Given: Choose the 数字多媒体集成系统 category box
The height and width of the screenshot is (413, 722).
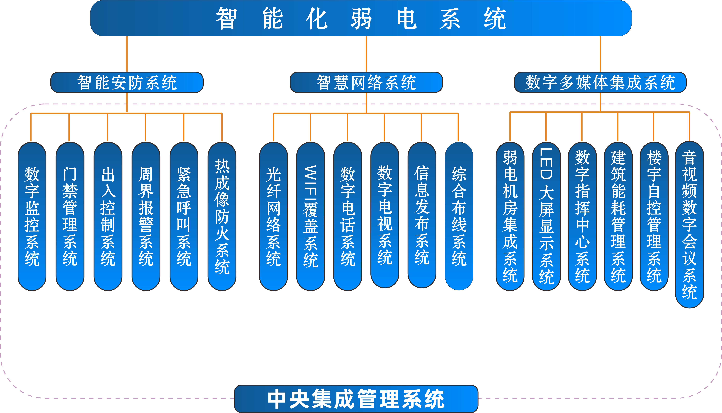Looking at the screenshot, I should (600, 82).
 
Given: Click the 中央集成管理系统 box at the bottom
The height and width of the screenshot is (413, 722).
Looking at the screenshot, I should (356, 399).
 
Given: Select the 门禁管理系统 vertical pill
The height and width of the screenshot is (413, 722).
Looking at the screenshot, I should (70, 216).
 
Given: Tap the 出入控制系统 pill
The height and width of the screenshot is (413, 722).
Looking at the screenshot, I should (108, 216).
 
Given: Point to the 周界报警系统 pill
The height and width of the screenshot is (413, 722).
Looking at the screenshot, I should (146, 216).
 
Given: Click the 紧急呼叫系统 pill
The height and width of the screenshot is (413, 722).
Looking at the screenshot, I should (184, 216).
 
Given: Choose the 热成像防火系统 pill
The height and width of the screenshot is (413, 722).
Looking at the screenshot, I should (222, 216).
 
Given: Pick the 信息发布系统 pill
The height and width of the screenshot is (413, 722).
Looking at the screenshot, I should (422, 215).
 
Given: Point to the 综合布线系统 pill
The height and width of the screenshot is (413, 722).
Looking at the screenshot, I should (459, 216).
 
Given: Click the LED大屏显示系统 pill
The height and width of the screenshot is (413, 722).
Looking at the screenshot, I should (546, 216).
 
